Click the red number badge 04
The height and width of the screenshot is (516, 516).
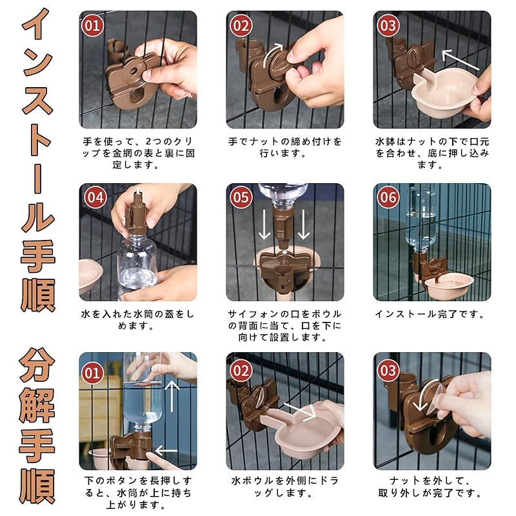[x=95, y=197]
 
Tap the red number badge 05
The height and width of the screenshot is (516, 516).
[x=241, y=197]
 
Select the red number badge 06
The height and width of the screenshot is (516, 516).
[x=388, y=197]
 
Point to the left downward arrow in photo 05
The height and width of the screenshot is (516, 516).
[x=264, y=224]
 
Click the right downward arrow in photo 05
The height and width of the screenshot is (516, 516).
[x=303, y=224]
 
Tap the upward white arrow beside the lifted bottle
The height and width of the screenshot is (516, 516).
[x=172, y=396]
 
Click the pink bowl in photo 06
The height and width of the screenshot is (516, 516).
[x=448, y=286]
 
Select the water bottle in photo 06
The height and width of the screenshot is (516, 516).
[x=421, y=220]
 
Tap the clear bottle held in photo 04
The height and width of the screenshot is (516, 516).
[x=137, y=263]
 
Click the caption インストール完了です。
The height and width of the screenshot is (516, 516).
[x=430, y=314]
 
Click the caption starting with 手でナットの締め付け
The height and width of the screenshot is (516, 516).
[x=285, y=148]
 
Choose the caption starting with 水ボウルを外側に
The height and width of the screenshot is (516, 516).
[x=285, y=487]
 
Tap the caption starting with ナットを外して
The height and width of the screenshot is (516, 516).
[x=430, y=487]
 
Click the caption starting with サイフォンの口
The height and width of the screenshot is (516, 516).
[x=285, y=326]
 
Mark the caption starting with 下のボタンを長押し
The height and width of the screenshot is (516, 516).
[x=138, y=493]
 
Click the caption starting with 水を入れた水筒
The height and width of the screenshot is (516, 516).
[x=138, y=320]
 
